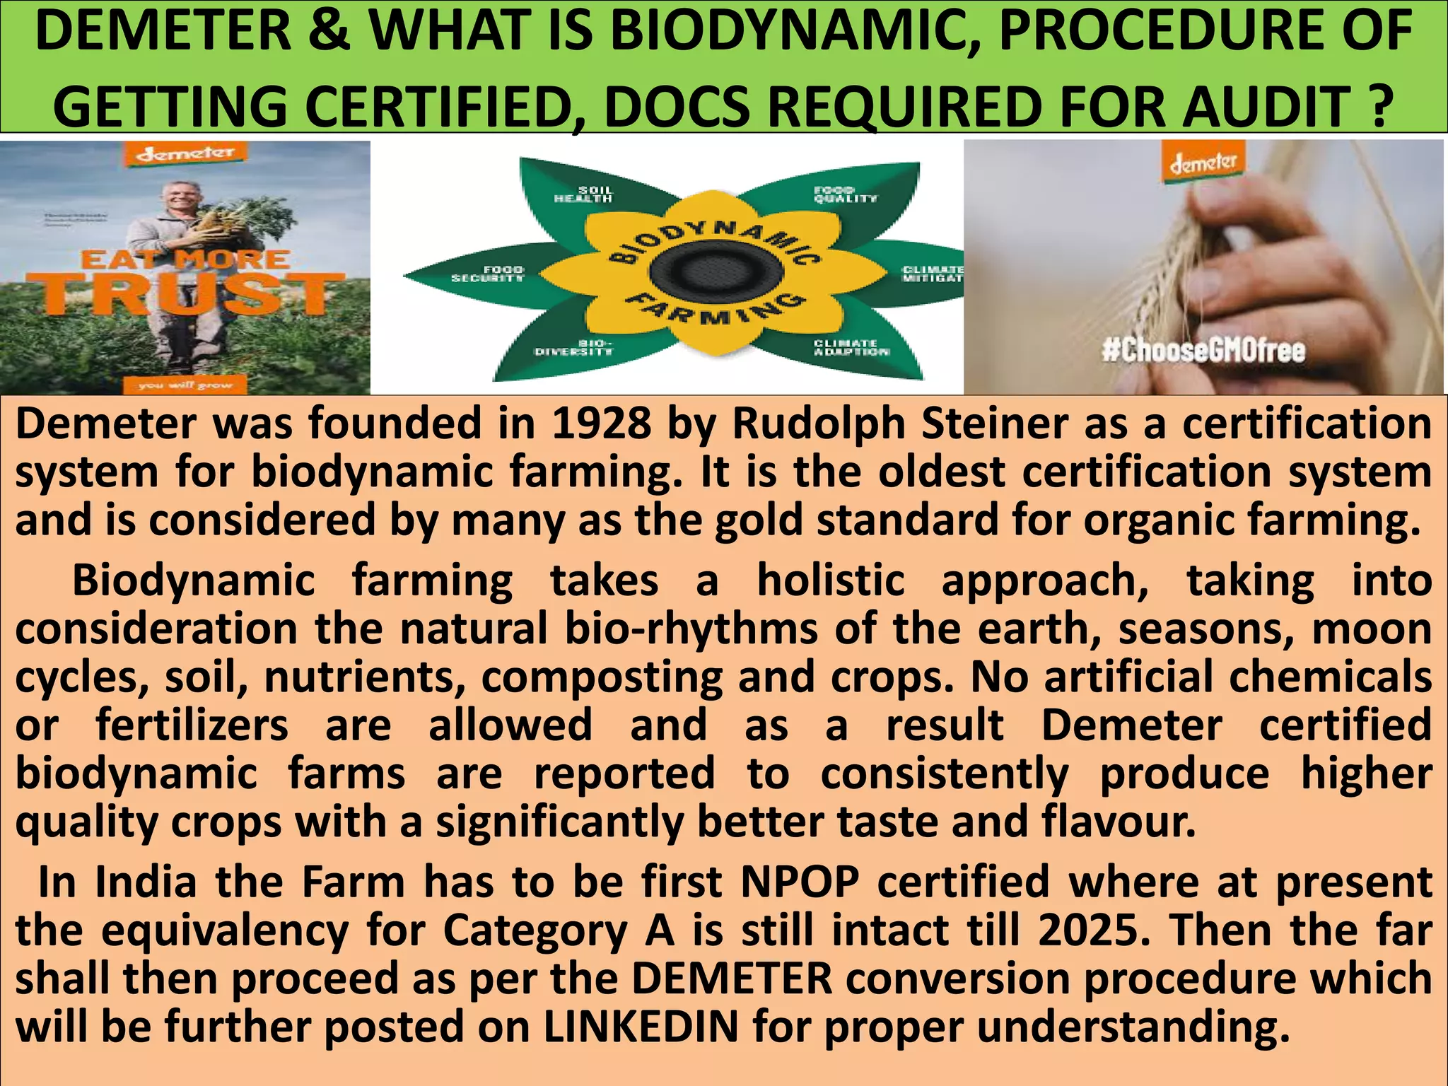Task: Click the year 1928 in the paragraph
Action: pyautogui.click(x=601, y=424)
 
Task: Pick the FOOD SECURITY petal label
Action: pyautogui.click(x=488, y=274)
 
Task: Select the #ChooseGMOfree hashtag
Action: pyautogui.click(x=1204, y=351)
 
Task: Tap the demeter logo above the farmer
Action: pyautogui.click(x=185, y=153)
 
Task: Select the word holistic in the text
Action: pyautogui.click(x=830, y=580)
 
